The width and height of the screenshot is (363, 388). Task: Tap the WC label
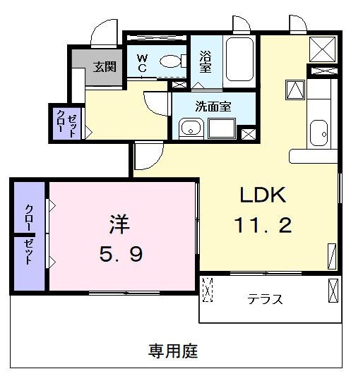[142, 63]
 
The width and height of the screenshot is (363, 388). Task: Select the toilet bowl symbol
[169, 62]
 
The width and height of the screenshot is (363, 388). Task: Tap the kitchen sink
[319, 131]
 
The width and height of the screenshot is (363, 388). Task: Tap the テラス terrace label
[265, 299]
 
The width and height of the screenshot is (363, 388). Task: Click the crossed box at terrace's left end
[208, 290]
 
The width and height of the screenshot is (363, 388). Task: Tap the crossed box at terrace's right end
[333, 289]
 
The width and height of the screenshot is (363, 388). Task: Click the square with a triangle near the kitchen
[294, 90]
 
